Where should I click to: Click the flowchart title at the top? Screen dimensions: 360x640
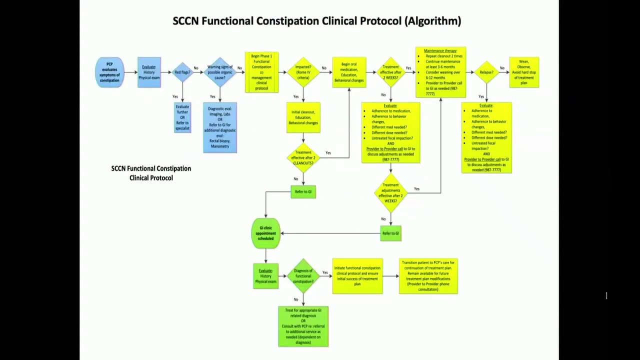pos(316,21)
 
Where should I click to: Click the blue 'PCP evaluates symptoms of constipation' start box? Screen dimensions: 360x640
pos(109,72)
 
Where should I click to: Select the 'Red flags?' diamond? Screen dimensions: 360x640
pos(182,72)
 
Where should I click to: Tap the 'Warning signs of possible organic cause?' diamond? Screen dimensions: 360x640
pos(220,72)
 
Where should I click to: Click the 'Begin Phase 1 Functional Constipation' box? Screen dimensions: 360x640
pos(261,72)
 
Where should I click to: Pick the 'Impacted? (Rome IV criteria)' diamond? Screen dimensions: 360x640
pos(303,72)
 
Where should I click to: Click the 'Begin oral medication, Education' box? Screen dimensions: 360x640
pos(349,72)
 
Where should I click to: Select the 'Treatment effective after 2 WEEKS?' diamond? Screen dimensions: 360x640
pos(390,72)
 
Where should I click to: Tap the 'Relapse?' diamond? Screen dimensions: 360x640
pos(486,72)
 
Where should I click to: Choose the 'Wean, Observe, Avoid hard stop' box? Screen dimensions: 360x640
pos(524,72)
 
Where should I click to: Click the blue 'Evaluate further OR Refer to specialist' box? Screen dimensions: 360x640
pos(182,117)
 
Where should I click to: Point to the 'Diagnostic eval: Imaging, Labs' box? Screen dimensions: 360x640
pos(220,127)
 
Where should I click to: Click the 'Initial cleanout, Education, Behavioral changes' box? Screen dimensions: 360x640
pos(303,117)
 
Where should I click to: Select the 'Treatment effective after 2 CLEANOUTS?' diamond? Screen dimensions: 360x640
pos(303,158)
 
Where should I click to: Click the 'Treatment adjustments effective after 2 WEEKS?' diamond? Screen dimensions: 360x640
pos(390,193)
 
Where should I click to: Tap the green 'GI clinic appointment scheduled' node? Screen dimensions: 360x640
pos(265,233)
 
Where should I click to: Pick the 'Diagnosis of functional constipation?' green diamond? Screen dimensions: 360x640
pos(303,276)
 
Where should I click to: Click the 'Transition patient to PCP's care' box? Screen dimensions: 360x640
pos(428,276)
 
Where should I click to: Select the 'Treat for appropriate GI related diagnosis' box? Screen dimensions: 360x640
pos(303,326)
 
